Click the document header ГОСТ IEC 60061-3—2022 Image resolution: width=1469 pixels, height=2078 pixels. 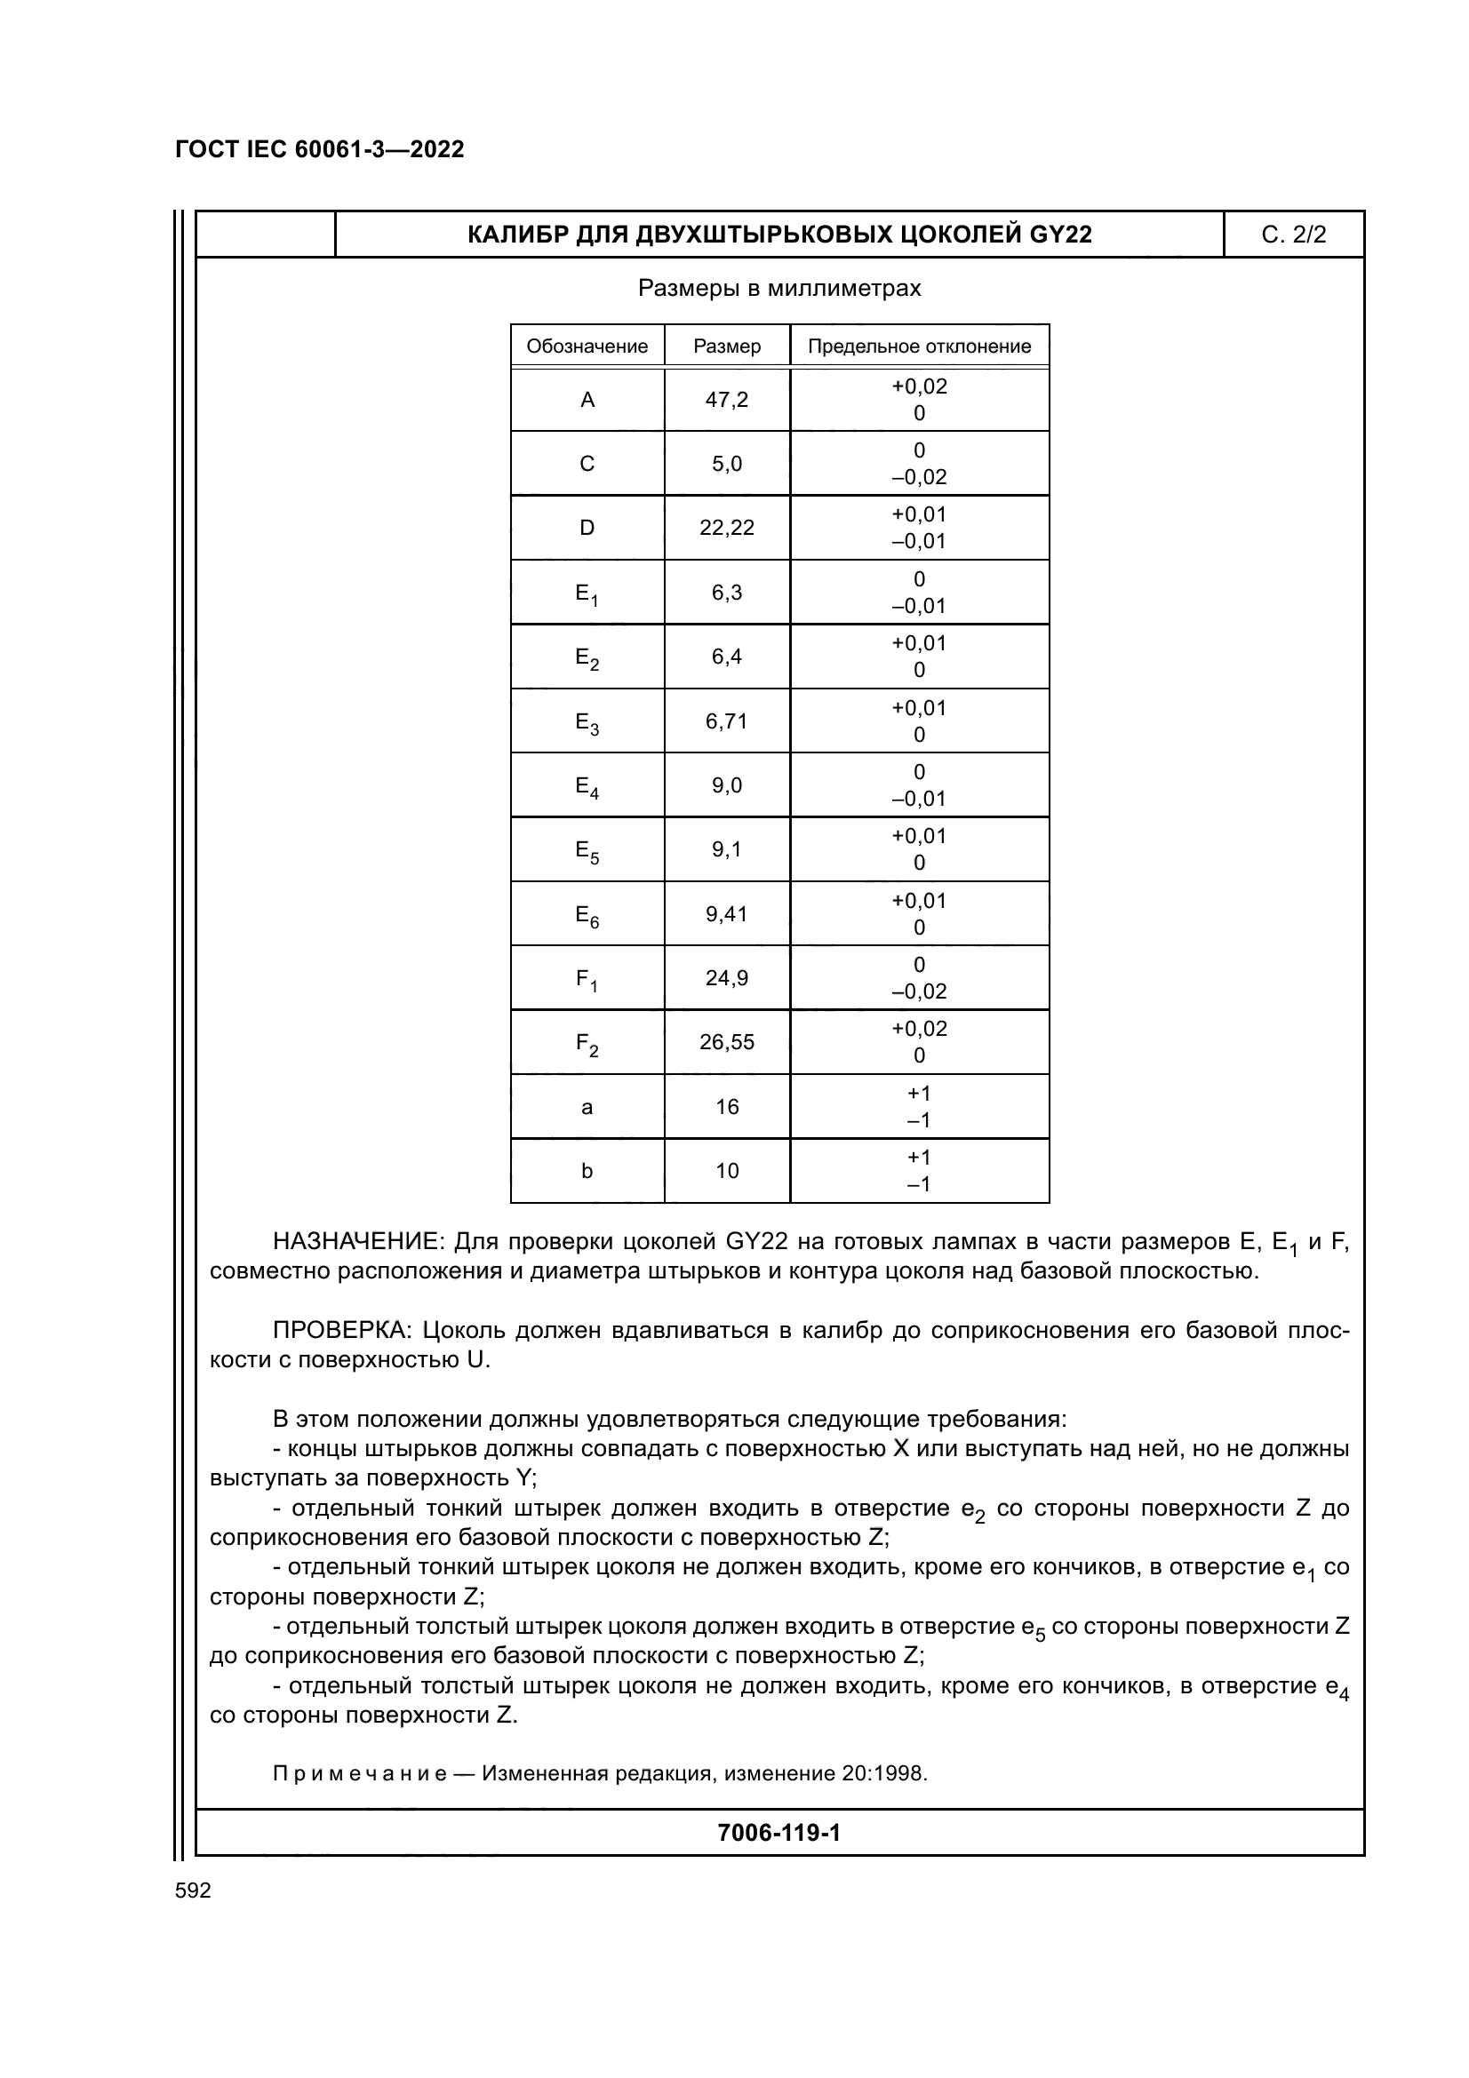click(x=320, y=149)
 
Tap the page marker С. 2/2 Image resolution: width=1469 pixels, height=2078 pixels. click(x=1293, y=235)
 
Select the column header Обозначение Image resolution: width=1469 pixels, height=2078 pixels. click(x=587, y=346)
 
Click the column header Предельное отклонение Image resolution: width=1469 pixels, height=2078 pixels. click(x=919, y=346)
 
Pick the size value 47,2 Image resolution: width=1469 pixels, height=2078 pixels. click(x=727, y=399)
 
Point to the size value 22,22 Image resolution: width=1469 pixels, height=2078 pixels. click(x=727, y=528)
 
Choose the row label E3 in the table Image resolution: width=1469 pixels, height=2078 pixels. click(x=587, y=722)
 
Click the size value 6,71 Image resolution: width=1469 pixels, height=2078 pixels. click(x=727, y=721)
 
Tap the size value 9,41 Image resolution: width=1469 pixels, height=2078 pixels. click(x=727, y=914)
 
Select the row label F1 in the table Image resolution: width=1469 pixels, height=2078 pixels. click(x=587, y=979)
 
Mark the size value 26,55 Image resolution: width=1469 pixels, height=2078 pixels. click(x=727, y=1042)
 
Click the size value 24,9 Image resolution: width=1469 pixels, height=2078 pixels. click(x=727, y=977)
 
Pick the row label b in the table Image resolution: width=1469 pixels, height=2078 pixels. click(x=587, y=1171)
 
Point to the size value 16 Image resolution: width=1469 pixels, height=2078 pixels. click(x=727, y=1107)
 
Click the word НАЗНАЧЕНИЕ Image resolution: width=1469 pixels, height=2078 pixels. click(x=358, y=1241)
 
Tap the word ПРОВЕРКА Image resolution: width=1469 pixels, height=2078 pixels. click(x=344, y=1331)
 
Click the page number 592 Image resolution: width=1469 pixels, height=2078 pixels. click(x=193, y=1891)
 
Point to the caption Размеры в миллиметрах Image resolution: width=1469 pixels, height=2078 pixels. click(x=779, y=288)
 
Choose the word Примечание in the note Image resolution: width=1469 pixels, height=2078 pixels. click(x=359, y=1773)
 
